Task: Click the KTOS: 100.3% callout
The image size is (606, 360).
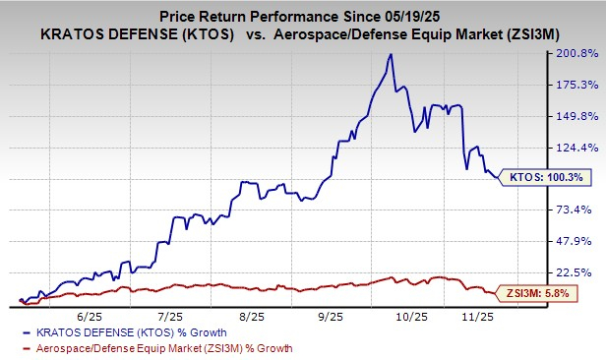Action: [540, 177]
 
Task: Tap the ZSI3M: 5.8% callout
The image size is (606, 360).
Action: [541, 293]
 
